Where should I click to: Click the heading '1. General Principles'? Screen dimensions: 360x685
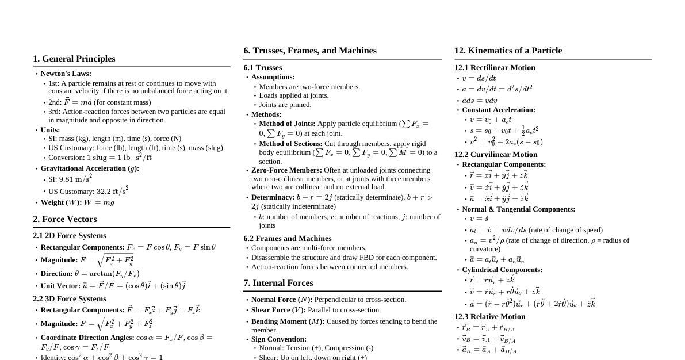pyautogui.click(x=74, y=59)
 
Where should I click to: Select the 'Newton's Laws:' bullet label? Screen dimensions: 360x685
pyautogui.click(x=66, y=74)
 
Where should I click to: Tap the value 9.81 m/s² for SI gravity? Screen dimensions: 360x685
pyautogui.click(x=75, y=179)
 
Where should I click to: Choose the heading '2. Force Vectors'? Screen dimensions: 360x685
pyautogui.click(x=64, y=219)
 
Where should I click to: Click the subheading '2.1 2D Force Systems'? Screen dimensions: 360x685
pyautogui.click(x=70, y=236)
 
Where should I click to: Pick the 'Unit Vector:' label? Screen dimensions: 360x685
pyautogui.click(x=60, y=286)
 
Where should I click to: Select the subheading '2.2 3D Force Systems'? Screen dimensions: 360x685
pyautogui.click(x=70, y=299)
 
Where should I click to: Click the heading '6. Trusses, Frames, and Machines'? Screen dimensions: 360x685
pyautogui.click(x=310, y=51)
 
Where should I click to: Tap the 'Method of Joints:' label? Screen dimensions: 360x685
pyautogui.click(x=287, y=124)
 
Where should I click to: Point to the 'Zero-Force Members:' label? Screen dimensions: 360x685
pyautogui.click(x=286, y=170)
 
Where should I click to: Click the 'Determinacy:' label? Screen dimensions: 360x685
pyautogui.click(x=273, y=197)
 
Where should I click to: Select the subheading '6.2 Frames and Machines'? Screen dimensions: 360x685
pyautogui.click(x=288, y=239)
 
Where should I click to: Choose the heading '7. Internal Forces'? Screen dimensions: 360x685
pyautogui.click(x=278, y=283)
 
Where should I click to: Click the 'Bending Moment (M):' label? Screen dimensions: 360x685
pyautogui.click(x=288, y=321)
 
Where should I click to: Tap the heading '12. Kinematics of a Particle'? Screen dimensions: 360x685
pyautogui.click(x=508, y=51)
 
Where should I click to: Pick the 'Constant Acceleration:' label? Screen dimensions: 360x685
pyautogui.click(x=499, y=110)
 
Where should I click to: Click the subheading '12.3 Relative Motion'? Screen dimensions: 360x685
pyautogui.click(x=489, y=317)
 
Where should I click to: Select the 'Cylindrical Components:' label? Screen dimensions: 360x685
pyautogui.click(x=502, y=270)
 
